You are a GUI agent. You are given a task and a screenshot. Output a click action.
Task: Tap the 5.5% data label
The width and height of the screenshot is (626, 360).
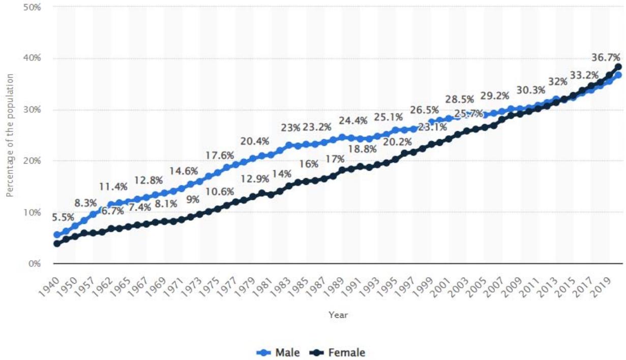(64, 218)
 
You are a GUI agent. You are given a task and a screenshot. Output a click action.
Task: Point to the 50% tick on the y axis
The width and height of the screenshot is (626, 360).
(33, 8)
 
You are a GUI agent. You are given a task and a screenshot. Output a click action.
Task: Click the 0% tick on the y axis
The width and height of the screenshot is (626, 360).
(35, 264)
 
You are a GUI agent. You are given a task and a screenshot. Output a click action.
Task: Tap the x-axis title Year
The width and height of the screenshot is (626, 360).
(338, 315)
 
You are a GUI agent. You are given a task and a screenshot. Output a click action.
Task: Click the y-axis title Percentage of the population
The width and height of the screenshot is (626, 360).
(10, 135)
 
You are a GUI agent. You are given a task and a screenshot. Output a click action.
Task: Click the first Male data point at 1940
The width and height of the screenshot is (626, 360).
(57, 235)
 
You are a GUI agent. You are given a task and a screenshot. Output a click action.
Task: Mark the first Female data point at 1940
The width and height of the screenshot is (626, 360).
(57, 244)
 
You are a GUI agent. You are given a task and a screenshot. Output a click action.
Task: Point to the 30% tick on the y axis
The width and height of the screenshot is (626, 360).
(33, 110)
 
